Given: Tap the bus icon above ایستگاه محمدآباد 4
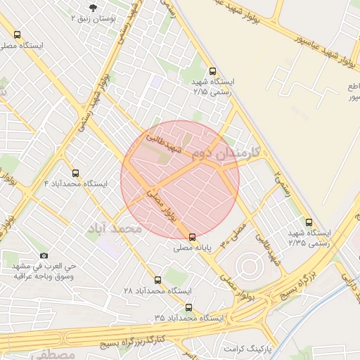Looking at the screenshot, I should tap(75, 173).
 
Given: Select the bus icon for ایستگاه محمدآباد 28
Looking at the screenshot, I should tap(157, 280).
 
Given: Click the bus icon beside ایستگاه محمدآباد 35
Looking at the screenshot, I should tap(188, 307).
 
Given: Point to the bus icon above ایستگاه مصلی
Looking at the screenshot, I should tap(17, 34).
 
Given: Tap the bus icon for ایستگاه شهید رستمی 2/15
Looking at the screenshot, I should tap(213, 71).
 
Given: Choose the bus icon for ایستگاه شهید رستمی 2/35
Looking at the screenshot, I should tap(309, 222).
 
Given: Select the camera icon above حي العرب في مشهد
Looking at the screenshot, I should tap(44, 256).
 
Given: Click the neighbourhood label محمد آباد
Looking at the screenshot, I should tap(115, 229).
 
